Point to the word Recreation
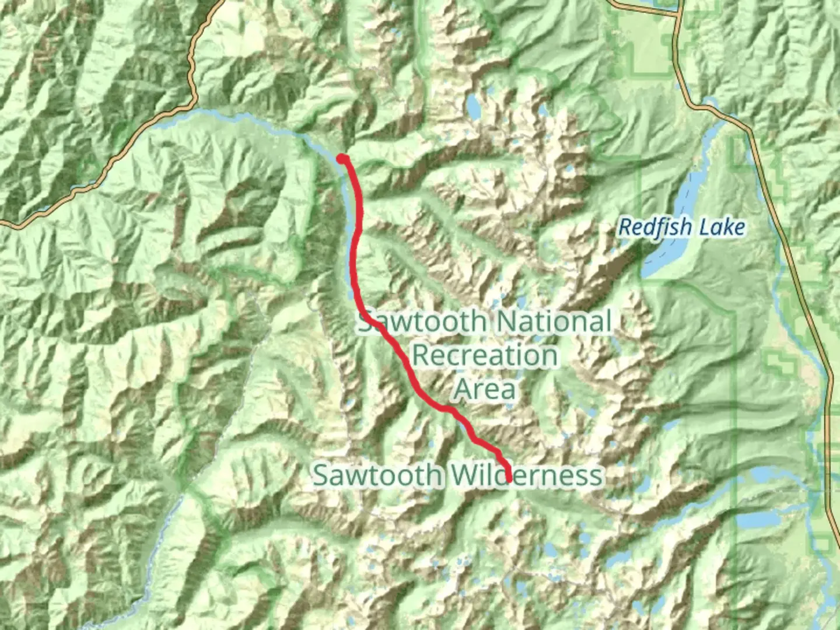485,355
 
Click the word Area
485,389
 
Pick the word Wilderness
527,475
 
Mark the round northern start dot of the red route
342,157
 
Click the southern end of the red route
509,480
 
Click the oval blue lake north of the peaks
473,106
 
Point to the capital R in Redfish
625,227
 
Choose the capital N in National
512,322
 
